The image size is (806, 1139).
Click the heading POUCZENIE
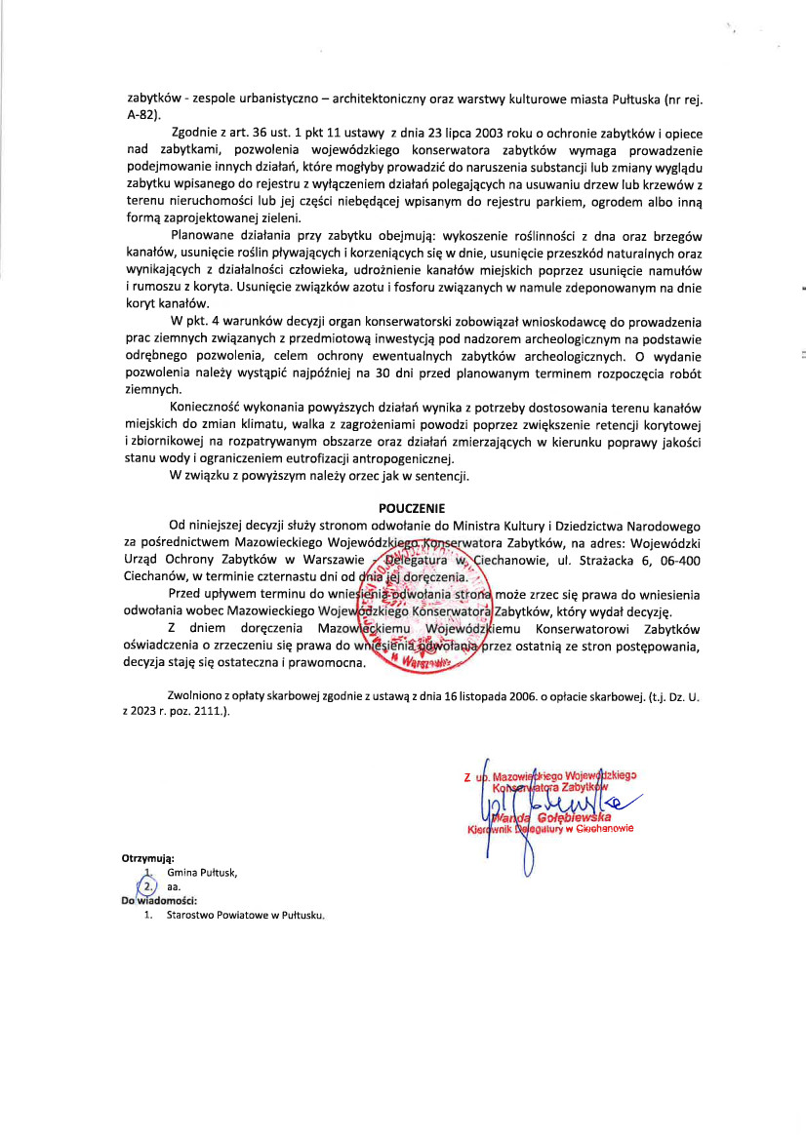(411, 508)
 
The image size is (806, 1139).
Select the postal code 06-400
(679, 559)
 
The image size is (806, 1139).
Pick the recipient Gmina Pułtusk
(202, 874)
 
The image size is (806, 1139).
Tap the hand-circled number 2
(147, 887)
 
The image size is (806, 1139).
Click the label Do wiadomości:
(159, 901)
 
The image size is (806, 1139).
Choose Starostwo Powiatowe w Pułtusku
(245, 916)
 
